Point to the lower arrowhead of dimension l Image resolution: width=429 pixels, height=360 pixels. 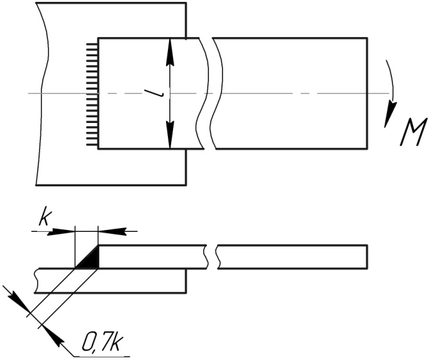click(x=170, y=138)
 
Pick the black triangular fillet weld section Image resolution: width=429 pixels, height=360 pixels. click(x=90, y=259)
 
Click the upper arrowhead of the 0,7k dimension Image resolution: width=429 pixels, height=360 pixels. click(x=17, y=299)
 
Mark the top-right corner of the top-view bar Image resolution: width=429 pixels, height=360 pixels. click(x=367, y=38)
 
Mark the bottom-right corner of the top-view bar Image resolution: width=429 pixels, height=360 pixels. click(x=367, y=149)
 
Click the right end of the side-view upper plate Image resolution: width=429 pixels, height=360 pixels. click(x=367, y=255)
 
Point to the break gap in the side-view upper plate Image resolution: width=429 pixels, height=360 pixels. click(x=212, y=255)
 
